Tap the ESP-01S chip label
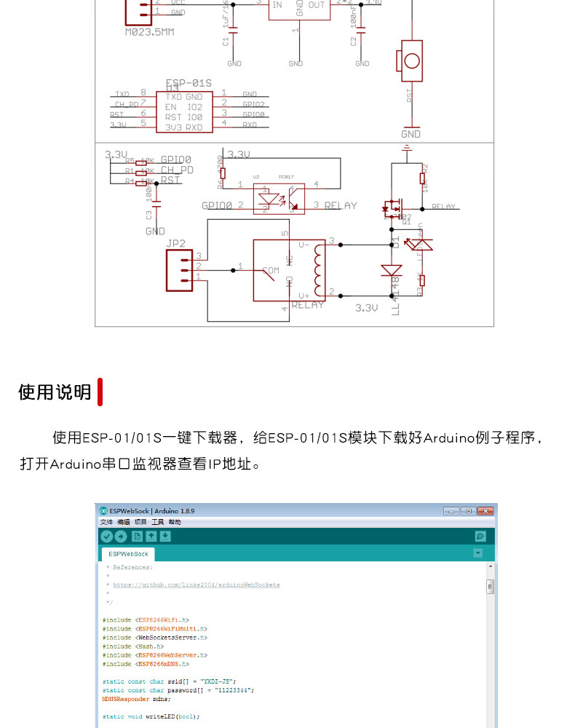(189, 83)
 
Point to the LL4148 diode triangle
(392, 271)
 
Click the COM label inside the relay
(271, 270)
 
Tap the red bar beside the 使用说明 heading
(100, 392)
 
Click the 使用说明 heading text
(55, 392)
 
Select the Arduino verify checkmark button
(107, 537)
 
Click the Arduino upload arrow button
(121, 537)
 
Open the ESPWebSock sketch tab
(128, 554)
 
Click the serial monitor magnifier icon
(480, 537)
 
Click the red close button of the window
(485, 511)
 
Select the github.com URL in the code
(197, 585)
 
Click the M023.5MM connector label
(149, 32)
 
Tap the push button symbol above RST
(411, 60)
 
